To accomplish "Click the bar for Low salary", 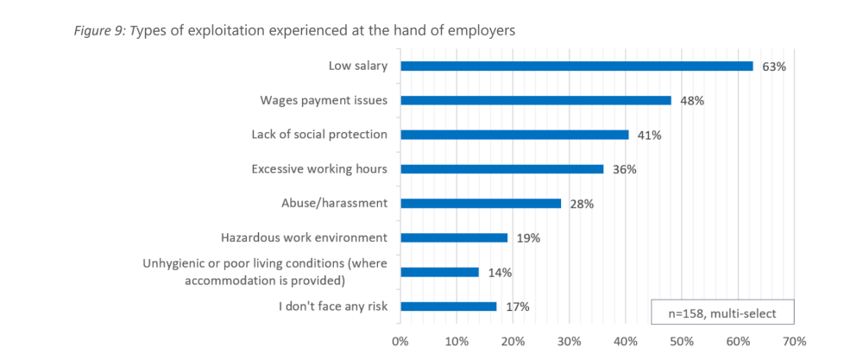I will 576,66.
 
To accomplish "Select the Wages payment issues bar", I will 536,100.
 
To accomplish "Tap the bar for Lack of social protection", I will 515,135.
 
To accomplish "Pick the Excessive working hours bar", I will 502,169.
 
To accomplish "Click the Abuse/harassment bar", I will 481,204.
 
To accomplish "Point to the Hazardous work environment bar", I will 454,237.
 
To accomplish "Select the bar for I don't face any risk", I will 449,306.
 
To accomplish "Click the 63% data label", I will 773,66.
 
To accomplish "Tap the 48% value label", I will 692,101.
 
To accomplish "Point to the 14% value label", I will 500,273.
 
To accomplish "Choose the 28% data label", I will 583,205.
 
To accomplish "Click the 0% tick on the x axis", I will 400,341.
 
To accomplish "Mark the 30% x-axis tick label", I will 570,341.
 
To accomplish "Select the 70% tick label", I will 794,341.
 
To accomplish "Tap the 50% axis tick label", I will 682,341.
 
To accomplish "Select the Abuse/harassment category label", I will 335,204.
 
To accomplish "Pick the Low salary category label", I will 358,66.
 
